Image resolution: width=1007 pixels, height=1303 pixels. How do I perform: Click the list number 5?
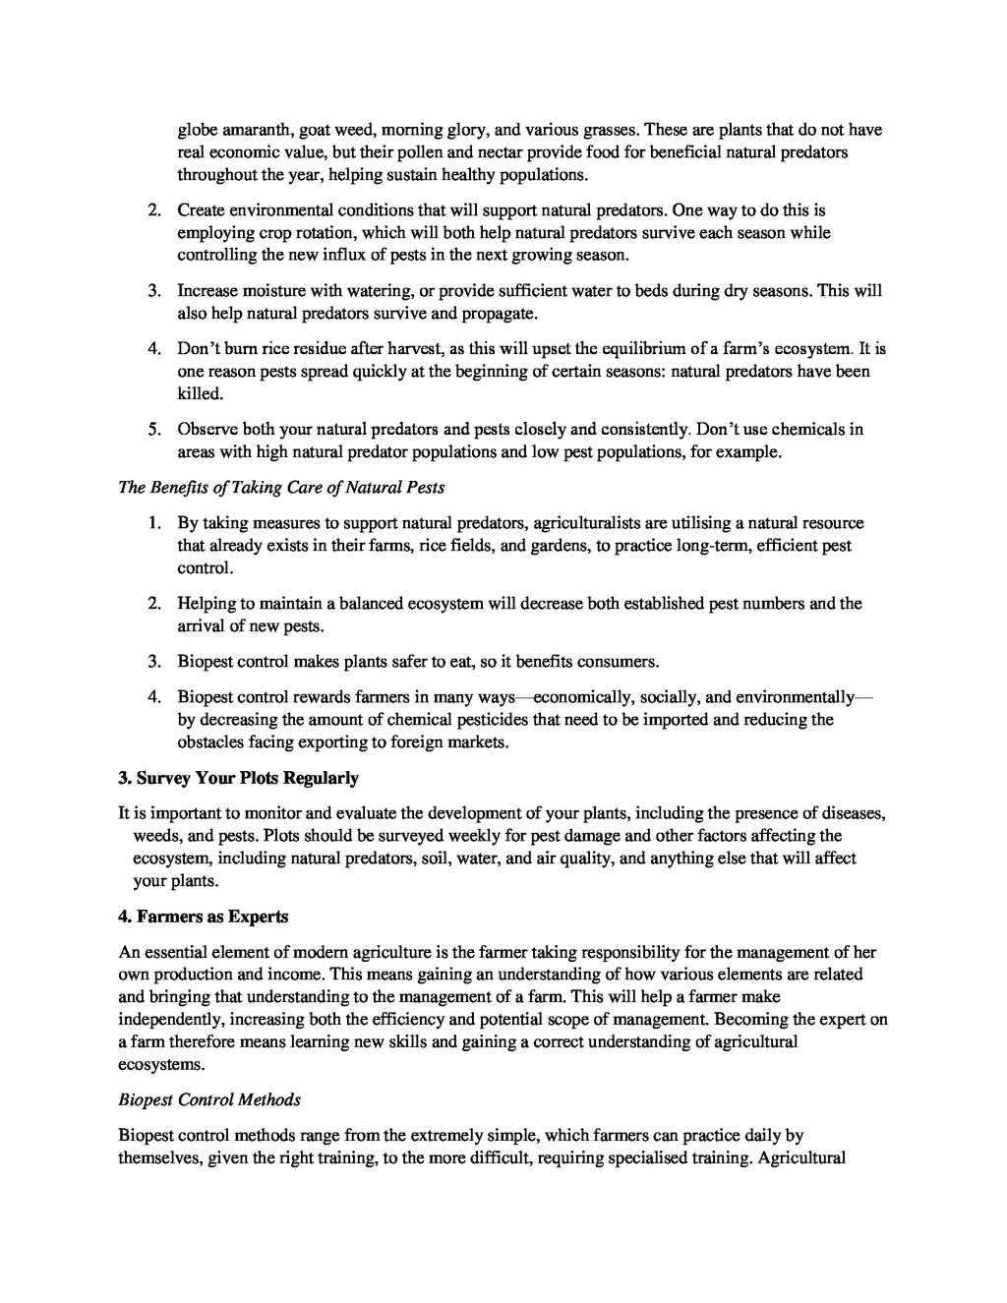click(154, 430)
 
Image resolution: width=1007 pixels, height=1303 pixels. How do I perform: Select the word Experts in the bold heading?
click(256, 917)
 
